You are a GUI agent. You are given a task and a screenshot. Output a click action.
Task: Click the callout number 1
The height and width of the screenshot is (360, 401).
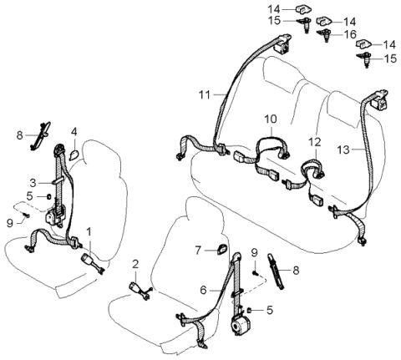point(89,231)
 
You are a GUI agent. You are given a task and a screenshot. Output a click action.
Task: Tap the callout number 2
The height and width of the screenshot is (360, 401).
point(135,265)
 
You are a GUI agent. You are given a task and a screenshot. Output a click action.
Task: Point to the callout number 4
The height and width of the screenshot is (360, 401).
point(74,132)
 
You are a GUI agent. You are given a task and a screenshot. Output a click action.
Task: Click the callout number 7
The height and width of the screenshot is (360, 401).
point(198,249)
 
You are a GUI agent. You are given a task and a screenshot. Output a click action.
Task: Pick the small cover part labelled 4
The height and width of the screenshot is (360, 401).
point(73,152)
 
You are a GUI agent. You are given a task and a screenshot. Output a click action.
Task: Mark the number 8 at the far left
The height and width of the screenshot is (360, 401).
point(19,133)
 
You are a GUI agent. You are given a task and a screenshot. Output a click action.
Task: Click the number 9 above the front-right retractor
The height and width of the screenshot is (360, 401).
point(254,251)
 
